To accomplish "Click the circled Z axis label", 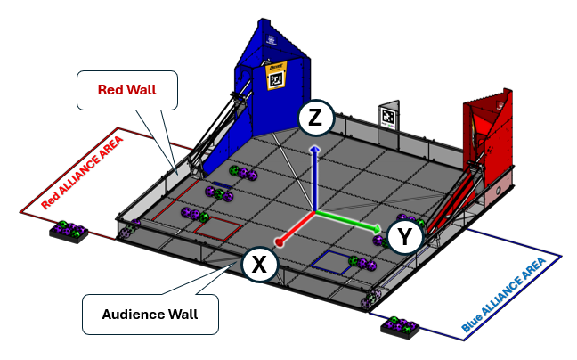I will (x=316, y=118).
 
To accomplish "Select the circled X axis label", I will (x=259, y=264).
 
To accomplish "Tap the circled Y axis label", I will (x=405, y=237).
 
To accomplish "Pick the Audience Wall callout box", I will (x=150, y=313).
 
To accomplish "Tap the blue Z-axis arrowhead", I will (x=313, y=151).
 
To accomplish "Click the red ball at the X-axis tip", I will (x=279, y=241).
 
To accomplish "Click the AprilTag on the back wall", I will (x=389, y=117).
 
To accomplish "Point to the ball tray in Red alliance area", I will (x=69, y=233).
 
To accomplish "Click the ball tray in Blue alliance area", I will (x=402, y=326).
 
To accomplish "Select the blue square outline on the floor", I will (x=331, y=261).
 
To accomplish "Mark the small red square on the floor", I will (x=217, y=227).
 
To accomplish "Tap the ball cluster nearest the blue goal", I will (x=242, y=173).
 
